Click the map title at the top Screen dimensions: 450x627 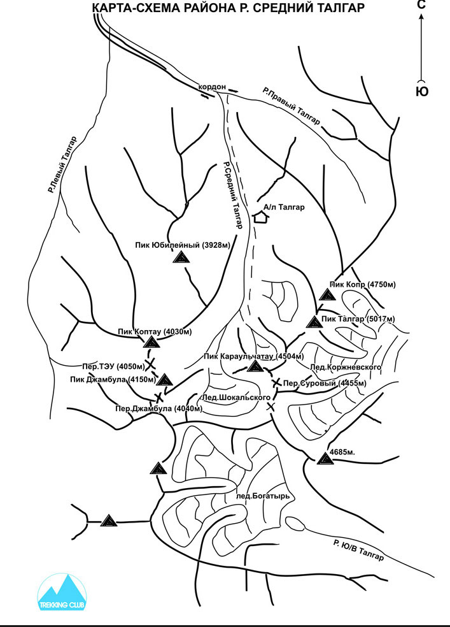pyautogui.click(x=228, y=8)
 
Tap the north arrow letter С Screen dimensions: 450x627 pyautogui.click(x=421, y=4)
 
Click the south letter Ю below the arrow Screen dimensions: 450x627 pyautogui.click(x=422, y=92)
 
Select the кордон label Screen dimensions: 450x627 pyautogui.click(x=212, y=87)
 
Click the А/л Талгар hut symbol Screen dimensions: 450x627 pyautogui.click(x=260, y=217)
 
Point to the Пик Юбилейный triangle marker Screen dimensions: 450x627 pyautogui.click(x=181, y=257)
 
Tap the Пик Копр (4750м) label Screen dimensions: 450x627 pyautogui.click(x=363, y=285)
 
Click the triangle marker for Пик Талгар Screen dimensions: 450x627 pyautogui.click(x=314, y=322)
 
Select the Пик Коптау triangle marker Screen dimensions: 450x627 pyautogui.click(x=151, y=342)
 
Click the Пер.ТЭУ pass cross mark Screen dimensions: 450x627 pyautogui.click(x=150, y=364)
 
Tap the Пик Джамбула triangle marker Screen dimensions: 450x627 pyautogui.click(x=165, y=380)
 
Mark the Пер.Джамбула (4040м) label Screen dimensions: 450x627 pyautogui.click(x=158, y=408)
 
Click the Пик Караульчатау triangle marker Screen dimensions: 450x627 pyautogui.click(x=254, y=366)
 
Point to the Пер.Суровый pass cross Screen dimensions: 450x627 pyautogui.click(x=276, y=383)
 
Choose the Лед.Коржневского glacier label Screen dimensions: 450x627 pyautogui.click(x=346, y=367)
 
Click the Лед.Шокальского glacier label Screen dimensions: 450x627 pyautogui.click(x=236, y=398)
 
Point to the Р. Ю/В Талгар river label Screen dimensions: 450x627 pyautogui.click(x=358, y=550)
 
